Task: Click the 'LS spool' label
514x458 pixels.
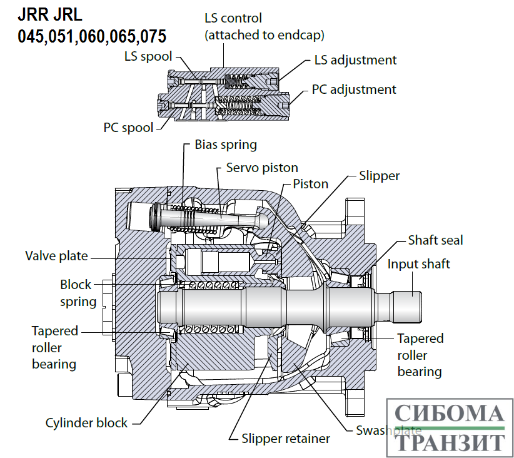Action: point(148,57)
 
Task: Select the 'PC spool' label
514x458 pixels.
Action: point(128,128)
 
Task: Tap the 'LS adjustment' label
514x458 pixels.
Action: point(355,60)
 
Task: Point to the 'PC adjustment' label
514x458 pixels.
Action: point(354,89)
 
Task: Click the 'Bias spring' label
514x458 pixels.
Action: point(226,145)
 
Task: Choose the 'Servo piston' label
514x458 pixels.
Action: point(262,168)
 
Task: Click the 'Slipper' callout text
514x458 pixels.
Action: point(379,176)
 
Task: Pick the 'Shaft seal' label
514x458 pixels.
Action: point(435,240)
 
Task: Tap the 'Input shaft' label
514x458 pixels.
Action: point(418,263)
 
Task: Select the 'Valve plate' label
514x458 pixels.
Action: point(56,255)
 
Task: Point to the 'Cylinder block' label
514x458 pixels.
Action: point(86,423)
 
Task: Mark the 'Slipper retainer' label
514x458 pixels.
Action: point(286,438)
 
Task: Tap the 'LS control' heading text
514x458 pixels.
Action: point(233,18)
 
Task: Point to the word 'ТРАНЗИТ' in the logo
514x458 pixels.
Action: point(450,441)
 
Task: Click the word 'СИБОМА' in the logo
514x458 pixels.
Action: point(450,414)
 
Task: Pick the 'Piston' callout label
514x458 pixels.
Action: point(311,184)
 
